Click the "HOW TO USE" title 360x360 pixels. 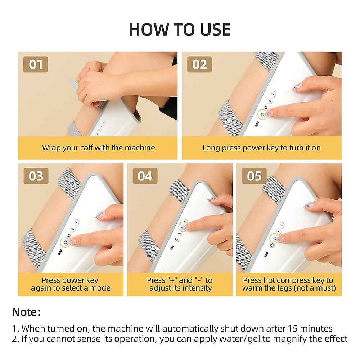(x=180, y=30)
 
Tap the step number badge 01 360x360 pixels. (x=36, y=65)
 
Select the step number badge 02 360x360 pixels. (x=199, y=65)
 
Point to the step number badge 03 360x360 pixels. (x=36, y=176)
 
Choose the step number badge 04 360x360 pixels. (x=145, y=176)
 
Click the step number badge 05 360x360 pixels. (x=254, y=176)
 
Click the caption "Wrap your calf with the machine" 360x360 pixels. (x=98, y=148)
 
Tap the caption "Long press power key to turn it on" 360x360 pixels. (x=261, y=148)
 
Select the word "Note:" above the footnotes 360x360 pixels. (x=26, y=312)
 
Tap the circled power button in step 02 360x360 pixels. (x=262, y=114)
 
